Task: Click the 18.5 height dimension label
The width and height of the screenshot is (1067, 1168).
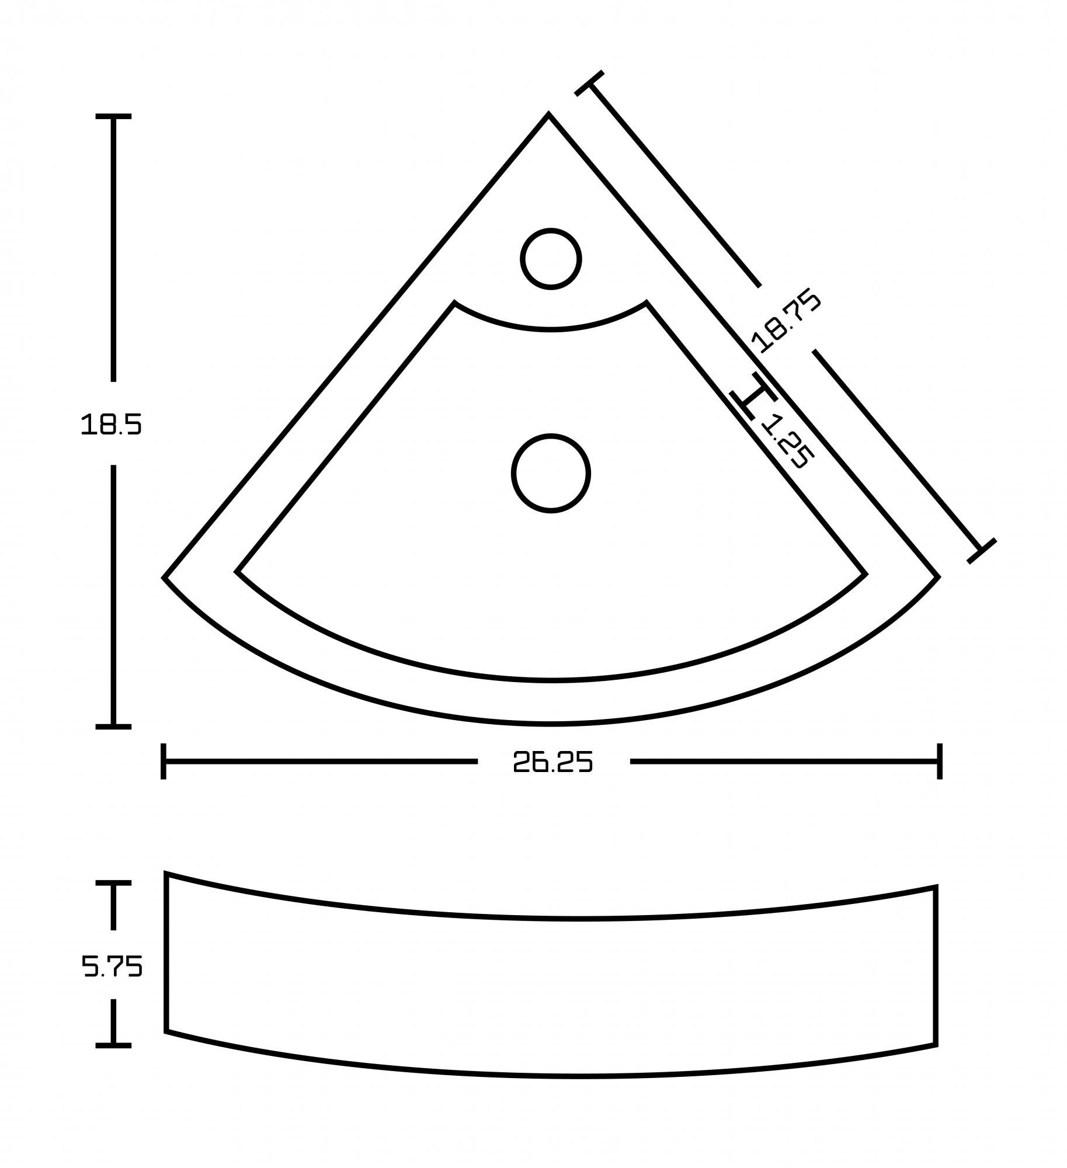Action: point(111,424)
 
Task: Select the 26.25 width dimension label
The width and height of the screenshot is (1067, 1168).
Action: point(553,762)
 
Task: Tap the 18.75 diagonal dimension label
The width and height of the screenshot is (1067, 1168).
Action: point(786,321)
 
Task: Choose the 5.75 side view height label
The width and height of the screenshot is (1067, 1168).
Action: point(112,967)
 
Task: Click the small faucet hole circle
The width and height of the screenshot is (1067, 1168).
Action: point(551,259)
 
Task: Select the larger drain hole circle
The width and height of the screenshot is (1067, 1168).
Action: point(551,474)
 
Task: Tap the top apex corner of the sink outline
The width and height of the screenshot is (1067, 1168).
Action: point(548,114)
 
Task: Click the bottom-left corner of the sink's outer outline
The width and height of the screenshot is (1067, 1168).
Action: point(164,578)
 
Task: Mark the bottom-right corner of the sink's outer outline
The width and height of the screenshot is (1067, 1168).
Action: point(938,577)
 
